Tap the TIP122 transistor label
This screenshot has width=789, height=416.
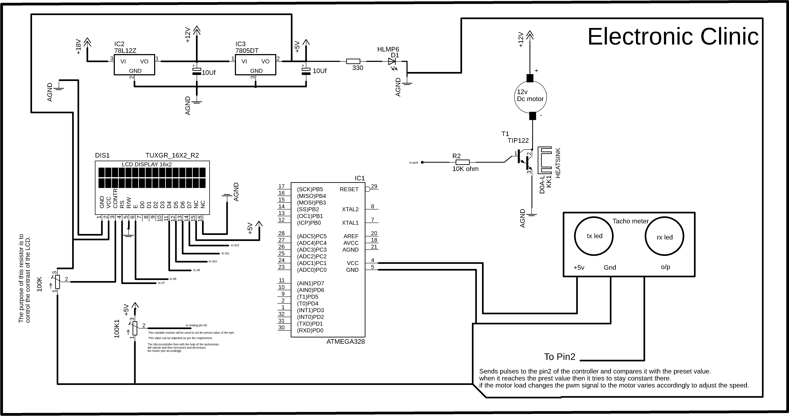pyautogui.click(x=518, y=140)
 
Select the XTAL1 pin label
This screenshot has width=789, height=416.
pyautogui.click(x=350, y=223)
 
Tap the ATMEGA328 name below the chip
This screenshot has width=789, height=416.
pyautogui.click(x=346, y=342)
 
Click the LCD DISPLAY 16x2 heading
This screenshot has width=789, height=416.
pyautogui.click(x=147, y=164)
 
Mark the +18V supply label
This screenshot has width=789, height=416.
pyautogui.click(x=78, y=47)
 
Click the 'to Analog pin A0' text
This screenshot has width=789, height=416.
pyautogui.click(x=196, y=325)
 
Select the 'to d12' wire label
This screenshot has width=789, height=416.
pyautogui.click(x=235, y=245)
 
